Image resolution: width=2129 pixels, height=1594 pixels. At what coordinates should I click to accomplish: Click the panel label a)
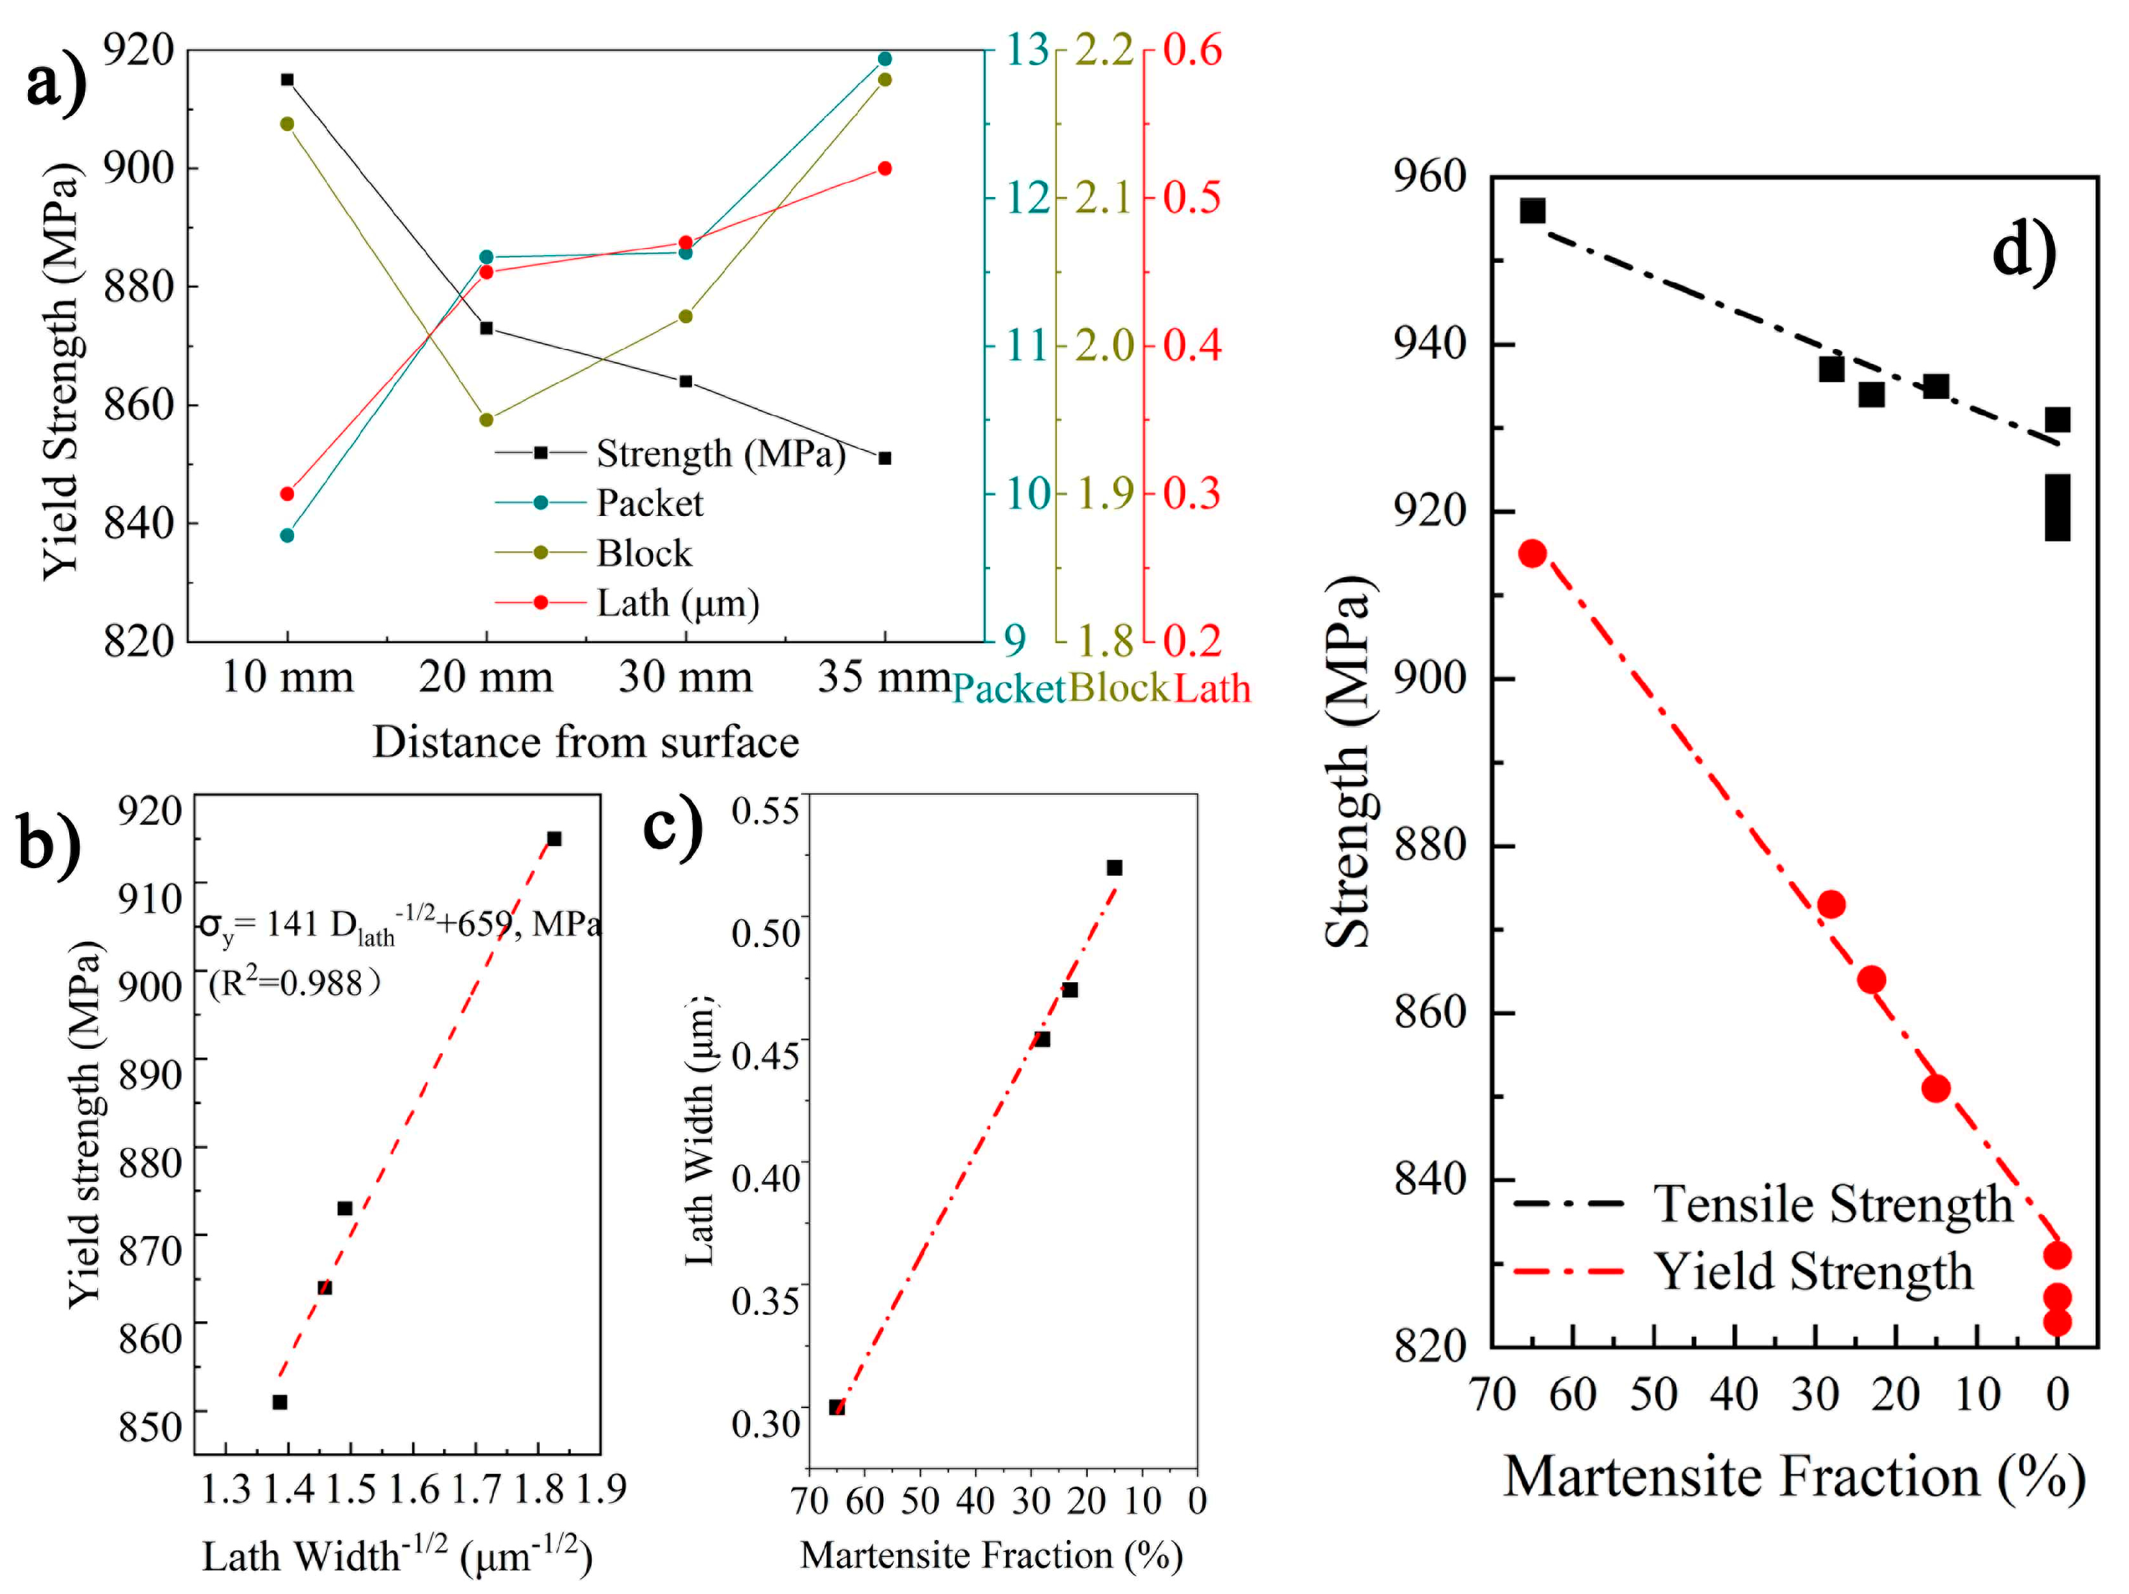pyautogui.click(x=56, y=85)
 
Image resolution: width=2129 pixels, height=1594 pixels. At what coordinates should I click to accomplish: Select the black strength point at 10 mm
pyautogui.click(x=287, y=80)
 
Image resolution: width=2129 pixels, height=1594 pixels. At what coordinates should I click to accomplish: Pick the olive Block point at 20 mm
pyautogui.click(x=486, y=419)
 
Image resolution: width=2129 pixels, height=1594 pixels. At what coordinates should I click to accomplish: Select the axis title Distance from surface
pyautogui.click(x=585, y=743)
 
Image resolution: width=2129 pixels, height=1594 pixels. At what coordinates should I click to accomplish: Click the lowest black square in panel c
pyautogui.click(x=836, y=1407)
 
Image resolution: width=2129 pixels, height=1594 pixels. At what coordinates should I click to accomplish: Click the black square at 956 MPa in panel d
pyautogui.click(x=1532, y=211)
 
